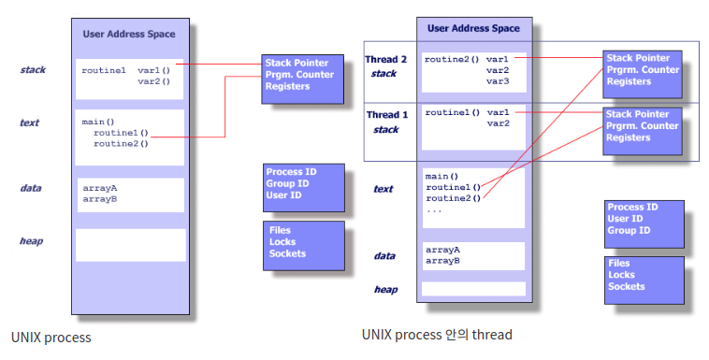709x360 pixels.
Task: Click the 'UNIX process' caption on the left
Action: pos(51,338)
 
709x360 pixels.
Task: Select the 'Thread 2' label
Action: pos(385,59)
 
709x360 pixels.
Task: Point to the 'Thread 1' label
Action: pos(387,115)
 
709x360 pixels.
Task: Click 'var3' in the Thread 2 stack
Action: pos(498,81)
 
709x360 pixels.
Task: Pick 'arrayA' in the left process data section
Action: pos(100,188)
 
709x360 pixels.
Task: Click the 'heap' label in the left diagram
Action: pos(31,241)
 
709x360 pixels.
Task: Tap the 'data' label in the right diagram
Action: pos(384,256)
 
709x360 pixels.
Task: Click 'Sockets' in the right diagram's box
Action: pos(627,286)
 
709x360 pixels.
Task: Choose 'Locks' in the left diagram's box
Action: pos(282,242)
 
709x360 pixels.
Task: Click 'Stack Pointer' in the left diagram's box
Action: pos(297,63)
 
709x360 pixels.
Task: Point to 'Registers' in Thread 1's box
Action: pos(628,137)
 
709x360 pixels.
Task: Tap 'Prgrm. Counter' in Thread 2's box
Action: pos(643,69)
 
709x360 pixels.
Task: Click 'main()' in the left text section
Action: pos(98,122)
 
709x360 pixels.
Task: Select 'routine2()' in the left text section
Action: pos(121,144)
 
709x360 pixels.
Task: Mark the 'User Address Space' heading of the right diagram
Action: pos(473,28)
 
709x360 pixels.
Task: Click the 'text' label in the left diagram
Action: pos(29,122)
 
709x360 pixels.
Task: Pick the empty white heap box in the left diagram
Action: pos(131,245)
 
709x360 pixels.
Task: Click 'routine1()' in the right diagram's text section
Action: pos(453,187)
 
